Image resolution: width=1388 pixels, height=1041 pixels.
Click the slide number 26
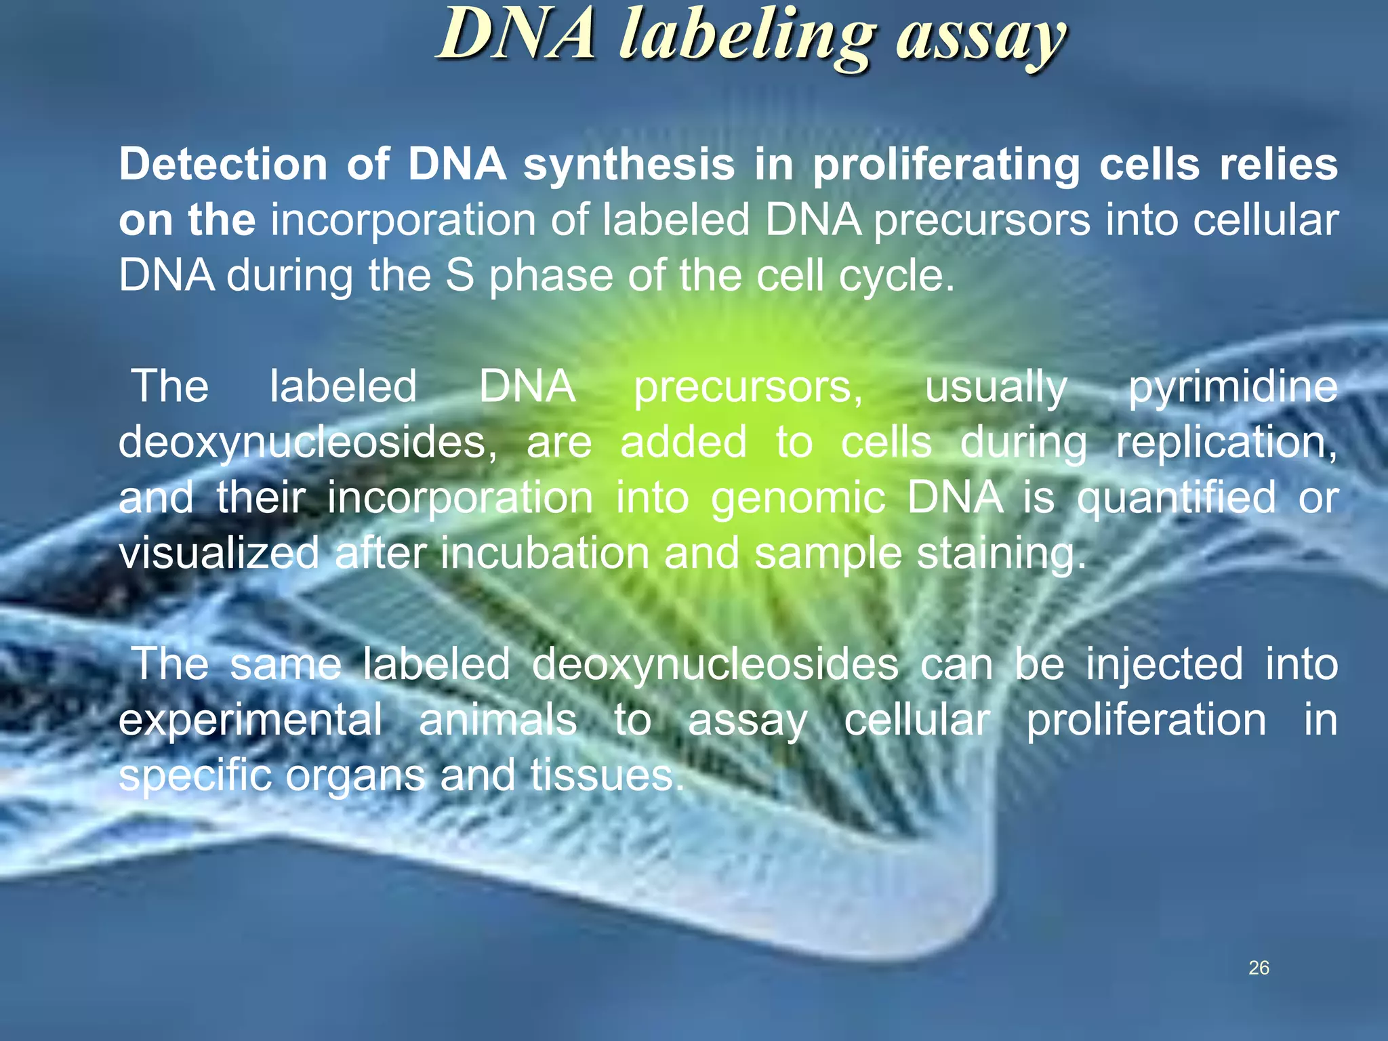pyautogui.click(x=1259, y=968)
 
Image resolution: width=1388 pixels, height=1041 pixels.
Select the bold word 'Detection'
pyautogui.click(x=223, y=164)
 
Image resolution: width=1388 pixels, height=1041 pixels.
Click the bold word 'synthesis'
pyautogui.click(x=629, y=165)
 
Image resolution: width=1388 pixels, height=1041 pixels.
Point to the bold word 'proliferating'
pyautogui.click(x=946, y=165)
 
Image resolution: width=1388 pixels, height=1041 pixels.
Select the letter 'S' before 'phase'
pyautogui.click(x=460, y=276)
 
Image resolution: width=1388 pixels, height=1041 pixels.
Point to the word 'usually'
pyautogui.click(x=996, y=388)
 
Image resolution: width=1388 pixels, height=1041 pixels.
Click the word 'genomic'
pyautogui.click(x=798, y=499)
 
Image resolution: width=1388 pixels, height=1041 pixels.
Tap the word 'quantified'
pyautogui.click(x=1177, y=499)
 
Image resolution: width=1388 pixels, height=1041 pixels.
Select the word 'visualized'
pyautogui.click(x=218, y=553)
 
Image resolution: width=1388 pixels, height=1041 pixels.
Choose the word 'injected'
pyautogui.click(x=1164, y=664)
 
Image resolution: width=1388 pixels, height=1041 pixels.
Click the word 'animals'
pyautogui.click(x=497, y=720)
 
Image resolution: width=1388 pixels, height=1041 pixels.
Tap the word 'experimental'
pyautogui.click(x=250, y=720)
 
